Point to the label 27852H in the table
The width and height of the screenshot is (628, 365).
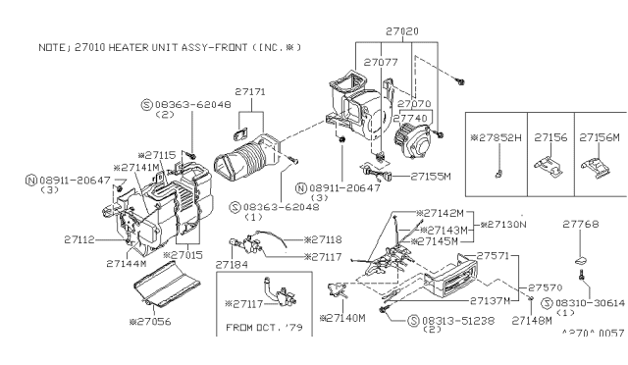click(502, 137)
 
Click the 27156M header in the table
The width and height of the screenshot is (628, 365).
click(600, 137)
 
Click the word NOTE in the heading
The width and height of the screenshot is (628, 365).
click(50, 46)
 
